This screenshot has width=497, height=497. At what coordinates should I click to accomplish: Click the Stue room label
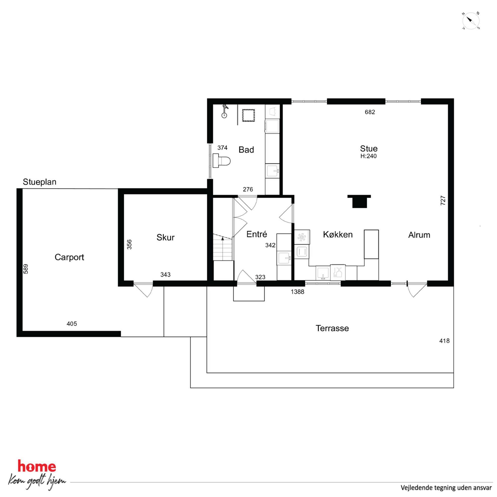369,149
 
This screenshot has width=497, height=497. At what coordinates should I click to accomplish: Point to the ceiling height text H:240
368,156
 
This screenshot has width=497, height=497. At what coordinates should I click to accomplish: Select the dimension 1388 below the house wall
297,292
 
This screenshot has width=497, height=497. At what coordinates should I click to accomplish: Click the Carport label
69,257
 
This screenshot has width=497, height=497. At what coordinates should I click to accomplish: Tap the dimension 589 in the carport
26,269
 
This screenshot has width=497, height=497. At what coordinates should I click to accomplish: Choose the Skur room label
165,237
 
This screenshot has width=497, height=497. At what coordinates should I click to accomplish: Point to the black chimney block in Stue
359,201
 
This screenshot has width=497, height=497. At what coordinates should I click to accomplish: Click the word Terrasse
332,328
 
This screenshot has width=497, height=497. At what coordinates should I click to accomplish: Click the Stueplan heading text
39,182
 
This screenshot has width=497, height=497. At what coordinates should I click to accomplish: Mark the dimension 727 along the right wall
443,200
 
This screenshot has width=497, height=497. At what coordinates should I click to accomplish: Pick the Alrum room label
419,235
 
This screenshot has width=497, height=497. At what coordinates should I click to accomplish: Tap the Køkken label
338,234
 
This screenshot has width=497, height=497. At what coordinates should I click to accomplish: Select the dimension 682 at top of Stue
370,112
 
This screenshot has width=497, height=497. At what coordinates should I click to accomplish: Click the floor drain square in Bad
248,115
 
